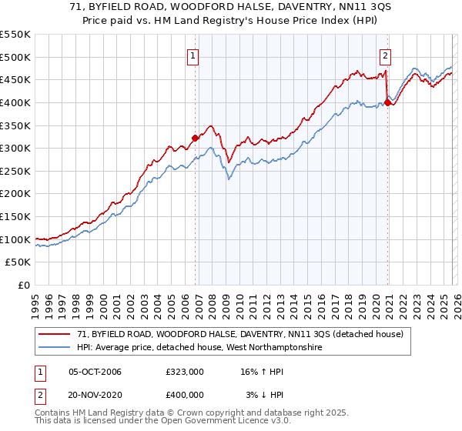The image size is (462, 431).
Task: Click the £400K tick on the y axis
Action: point(15,102)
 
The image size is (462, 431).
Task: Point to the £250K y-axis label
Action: point(15,171)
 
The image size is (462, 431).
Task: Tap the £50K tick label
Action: point(18,262)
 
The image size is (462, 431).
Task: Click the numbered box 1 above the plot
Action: point(192,55)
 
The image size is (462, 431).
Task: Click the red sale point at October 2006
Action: point(196,138)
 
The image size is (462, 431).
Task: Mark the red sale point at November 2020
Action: point(387,102)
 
